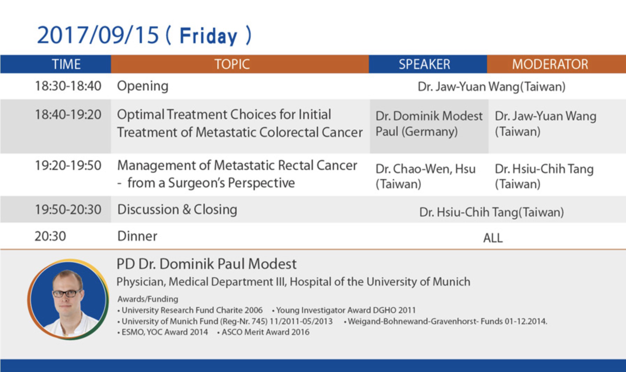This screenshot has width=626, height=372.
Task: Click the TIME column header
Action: pyautogui.click(x=66, y=64)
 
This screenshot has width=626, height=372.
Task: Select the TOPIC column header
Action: pyautogui.click(x=232, y=64)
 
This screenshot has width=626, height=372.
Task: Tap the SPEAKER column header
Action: pyautogui.click(x=425, y=64)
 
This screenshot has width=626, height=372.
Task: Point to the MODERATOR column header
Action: pyautogui.click(x=550, y=64)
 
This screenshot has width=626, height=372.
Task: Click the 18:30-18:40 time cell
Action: pyautogui.click(x=68, y=86)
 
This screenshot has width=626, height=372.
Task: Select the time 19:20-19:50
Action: pyautogui.click(x=68, y=165)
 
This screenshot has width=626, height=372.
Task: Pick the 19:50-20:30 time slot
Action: pyautogui.click(x=68, y=210)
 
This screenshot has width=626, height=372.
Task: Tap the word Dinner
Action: pyautogui.click(x=137, y=236)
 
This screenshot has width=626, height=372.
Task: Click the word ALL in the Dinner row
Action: pyautogui.click(x=493, y=238)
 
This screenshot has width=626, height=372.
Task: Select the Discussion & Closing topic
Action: pyautogui.click(x=177, y=210)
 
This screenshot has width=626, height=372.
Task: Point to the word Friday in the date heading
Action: pyautogui.click(x=208, y=36)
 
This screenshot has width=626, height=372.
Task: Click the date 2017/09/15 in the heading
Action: pyautogui.click(x=98, y=35)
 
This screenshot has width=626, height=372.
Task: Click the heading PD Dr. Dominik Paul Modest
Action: pyautogui.click(x=207, y=264)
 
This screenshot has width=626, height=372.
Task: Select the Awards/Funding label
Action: pyautogui.click(x=148, y=299)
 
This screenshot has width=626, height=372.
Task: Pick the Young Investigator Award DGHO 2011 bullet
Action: pyautogui.click(x=344, y=310)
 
